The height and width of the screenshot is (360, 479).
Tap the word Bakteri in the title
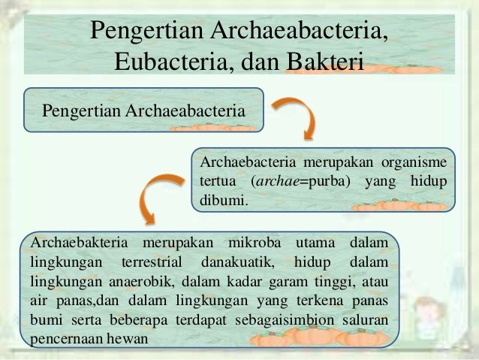point(324,59)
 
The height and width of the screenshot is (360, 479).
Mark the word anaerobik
point(137,282)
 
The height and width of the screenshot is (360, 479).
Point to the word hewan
point(128,337)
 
